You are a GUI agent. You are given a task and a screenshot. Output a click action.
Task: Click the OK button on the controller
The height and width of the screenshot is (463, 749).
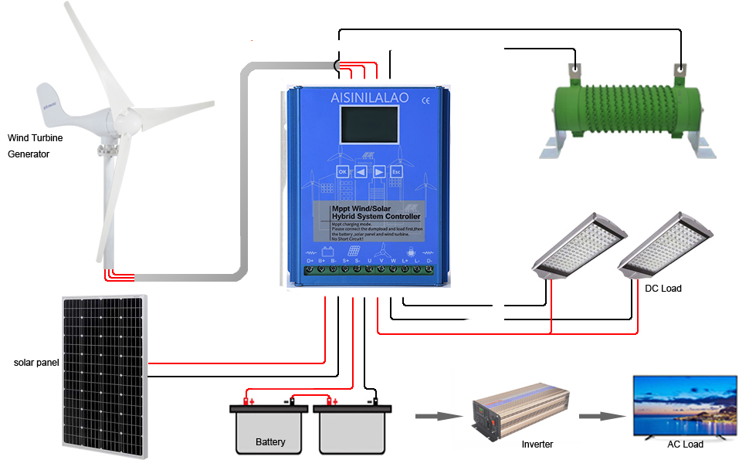(343, 171)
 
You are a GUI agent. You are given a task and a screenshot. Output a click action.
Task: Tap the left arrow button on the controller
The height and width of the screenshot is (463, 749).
(361, 171)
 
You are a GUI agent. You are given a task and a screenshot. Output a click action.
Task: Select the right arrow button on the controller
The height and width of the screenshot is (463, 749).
(378, 171)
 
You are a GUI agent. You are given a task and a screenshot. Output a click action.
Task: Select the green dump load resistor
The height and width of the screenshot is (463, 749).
(625, 108)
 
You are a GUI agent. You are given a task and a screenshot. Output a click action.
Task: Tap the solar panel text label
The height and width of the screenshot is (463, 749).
(36, 362)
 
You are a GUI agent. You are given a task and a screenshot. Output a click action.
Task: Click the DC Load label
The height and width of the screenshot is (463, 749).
(663, 289)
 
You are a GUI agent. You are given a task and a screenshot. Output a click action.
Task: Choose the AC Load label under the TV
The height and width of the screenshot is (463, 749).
(685, 444)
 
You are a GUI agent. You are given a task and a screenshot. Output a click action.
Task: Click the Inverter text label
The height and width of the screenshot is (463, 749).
(537, 444)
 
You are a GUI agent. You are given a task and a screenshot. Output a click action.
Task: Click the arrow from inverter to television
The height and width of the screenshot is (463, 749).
(601, 416)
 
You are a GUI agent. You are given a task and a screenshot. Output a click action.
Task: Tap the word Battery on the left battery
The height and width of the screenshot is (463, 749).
(270, 442)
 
